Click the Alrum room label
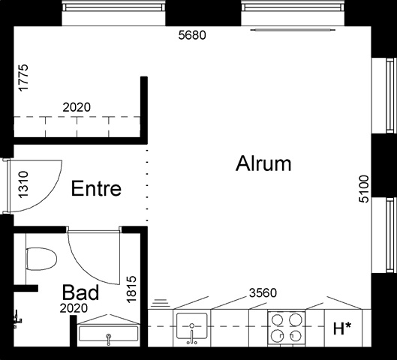tap(263, 163)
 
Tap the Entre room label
tap(96, 188)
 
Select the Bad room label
tap(80, 292)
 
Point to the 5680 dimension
tap(192, 35)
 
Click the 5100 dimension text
tap(364, 189)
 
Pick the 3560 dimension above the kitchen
tap(263, 293)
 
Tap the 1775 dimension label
tap(23, 78)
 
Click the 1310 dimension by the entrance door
tap(23, 184)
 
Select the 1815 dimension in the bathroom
tap(131, 289)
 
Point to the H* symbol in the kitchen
tap(342, 328)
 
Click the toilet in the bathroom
tap(41, 259)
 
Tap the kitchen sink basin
tap(191, 325)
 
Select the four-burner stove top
tap(287, 328)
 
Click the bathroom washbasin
tap(109, 334)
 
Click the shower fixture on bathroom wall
tap(18, 319)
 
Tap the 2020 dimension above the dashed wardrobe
tap(77, 107)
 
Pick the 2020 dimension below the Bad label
tap(74, 308)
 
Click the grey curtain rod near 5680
tap(293, 30)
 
